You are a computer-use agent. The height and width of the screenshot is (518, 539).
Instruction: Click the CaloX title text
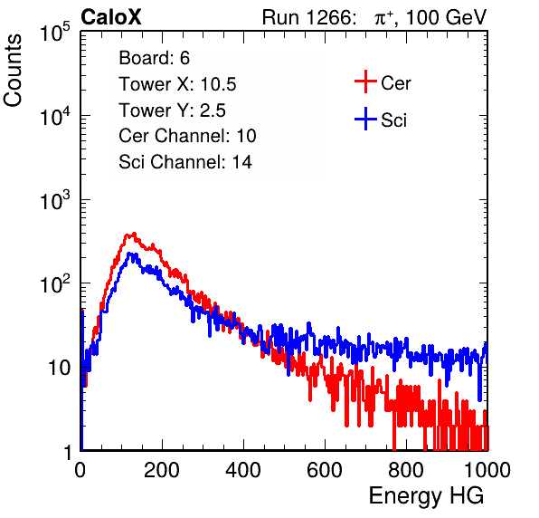tap(110, 17)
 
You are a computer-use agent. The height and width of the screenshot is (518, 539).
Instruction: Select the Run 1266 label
tap(308, 17)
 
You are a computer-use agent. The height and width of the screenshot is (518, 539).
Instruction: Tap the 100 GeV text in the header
tap(446, 17)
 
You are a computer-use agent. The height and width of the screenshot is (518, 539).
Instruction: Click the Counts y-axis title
tap(13, 71)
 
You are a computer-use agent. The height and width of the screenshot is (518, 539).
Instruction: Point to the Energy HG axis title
tap(426, 495)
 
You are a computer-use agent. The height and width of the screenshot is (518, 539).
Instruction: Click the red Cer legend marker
tap(365, 82)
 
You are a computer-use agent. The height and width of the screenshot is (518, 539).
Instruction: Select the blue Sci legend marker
tap(365, 119)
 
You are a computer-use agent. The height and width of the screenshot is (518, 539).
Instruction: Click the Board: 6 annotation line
tap(154, 58)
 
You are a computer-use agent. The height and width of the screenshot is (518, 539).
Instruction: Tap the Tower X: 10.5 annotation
tap(177, 84)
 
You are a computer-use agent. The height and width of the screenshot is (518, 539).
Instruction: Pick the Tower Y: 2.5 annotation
tap(172, 110)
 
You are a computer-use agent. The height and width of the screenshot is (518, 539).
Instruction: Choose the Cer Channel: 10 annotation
tap(187, 136)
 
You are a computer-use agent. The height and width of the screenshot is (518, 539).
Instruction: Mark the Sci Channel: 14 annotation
tap(185, 162)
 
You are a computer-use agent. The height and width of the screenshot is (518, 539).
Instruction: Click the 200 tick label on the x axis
tap(162, 470)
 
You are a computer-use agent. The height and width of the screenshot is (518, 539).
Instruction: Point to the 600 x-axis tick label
tap(325, 470)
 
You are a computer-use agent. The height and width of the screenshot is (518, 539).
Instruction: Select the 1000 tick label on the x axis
tap(487, 470)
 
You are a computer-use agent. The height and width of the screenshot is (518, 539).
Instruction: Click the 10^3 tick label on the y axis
tap(55, 200)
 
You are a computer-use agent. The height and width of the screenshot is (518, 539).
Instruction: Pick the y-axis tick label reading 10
tap(60, 368)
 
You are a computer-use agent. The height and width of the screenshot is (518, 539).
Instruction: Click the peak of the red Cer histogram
tap(134, 234)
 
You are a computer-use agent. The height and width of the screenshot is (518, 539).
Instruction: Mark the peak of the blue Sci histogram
tap(129, 254)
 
